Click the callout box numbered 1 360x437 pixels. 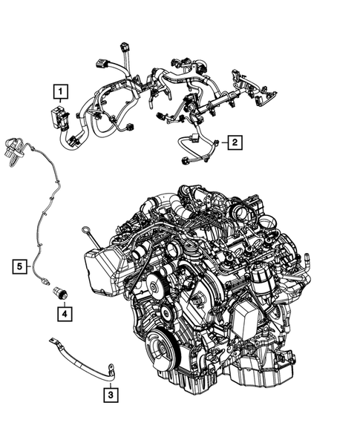60,92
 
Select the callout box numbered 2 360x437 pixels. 233,141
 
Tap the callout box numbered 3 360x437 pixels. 110,395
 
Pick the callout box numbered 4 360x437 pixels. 65,315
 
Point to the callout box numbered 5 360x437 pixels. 19,263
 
